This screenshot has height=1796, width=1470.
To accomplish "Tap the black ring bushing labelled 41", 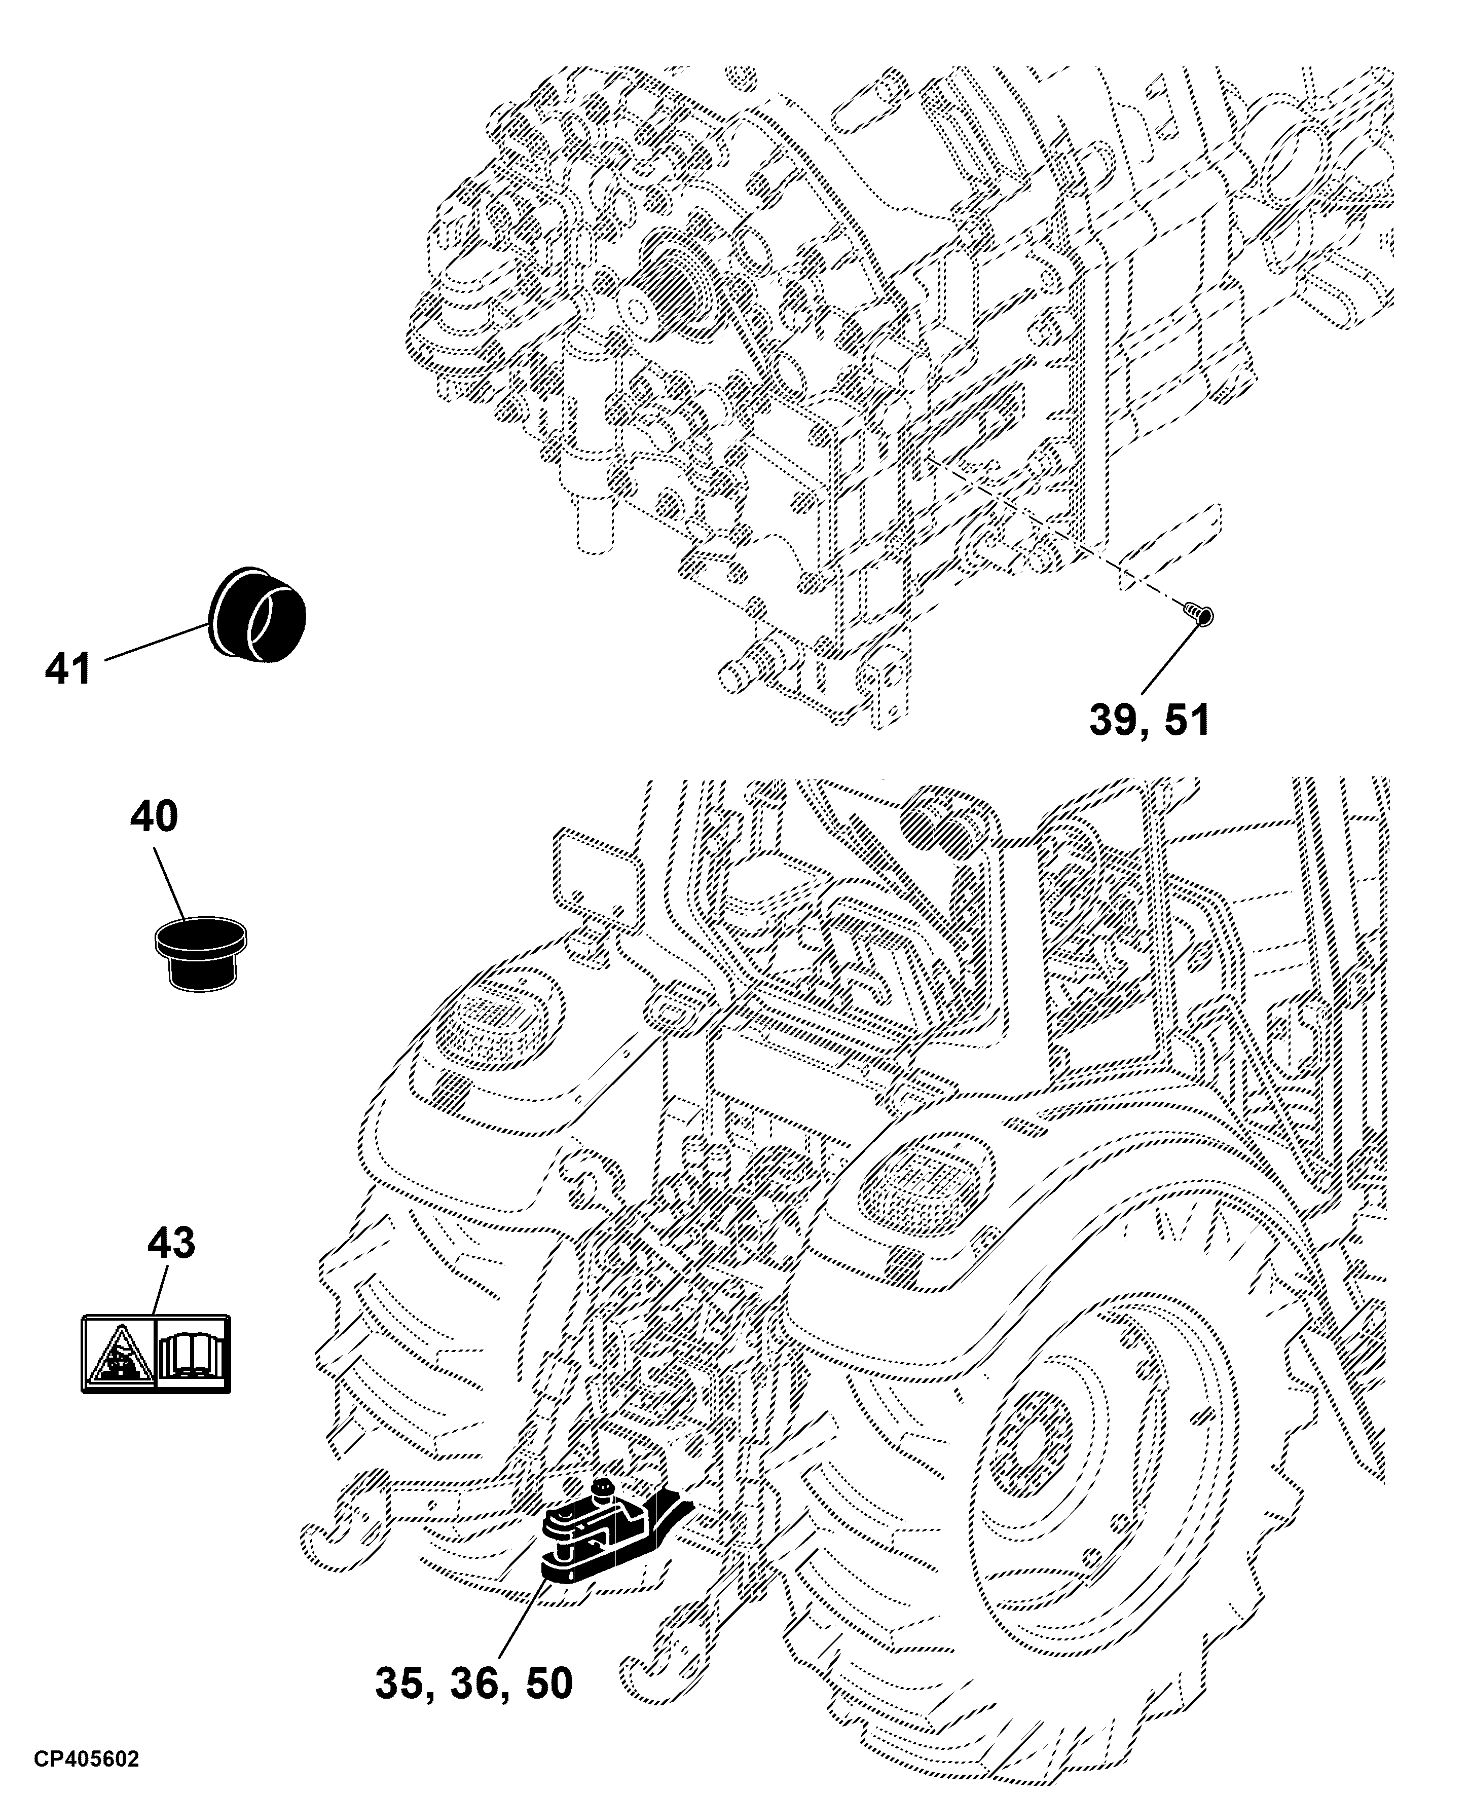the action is click(256, 611).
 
